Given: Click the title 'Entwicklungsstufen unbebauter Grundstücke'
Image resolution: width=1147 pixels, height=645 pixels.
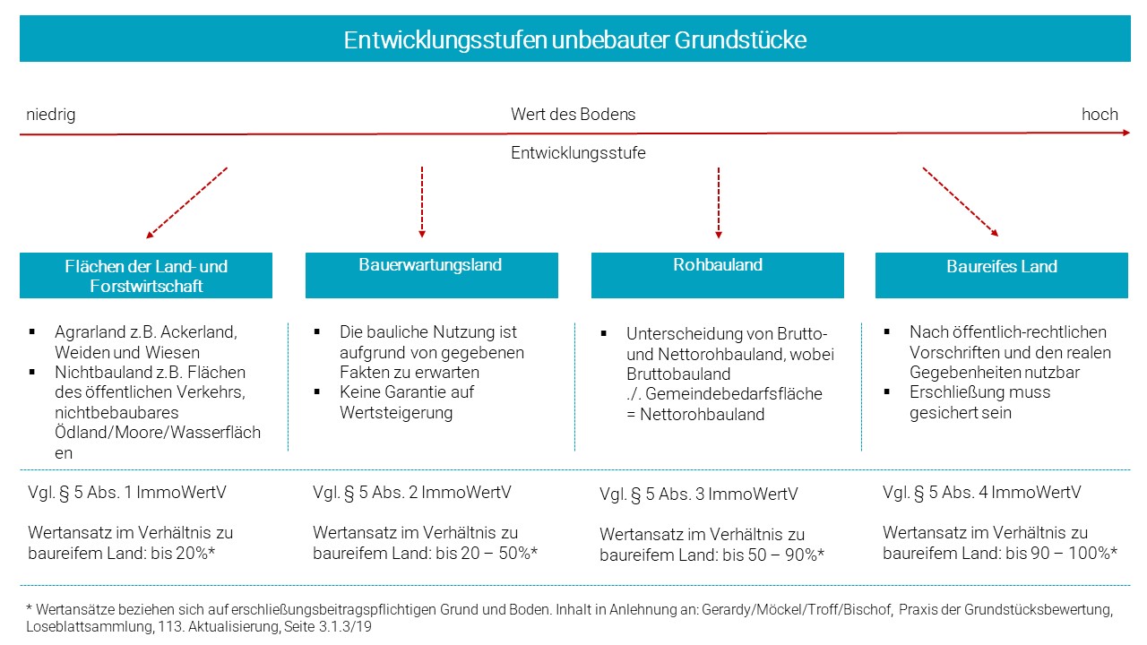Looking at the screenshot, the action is coord(574,40).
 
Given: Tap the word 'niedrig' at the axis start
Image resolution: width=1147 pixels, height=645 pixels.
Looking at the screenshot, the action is coord(51,114).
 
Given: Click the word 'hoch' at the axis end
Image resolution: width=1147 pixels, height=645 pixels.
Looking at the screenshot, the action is coord(1100,114).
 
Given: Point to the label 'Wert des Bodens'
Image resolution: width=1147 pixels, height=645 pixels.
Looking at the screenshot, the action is coord(573,114).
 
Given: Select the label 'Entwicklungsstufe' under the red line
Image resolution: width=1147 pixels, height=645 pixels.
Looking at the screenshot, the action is coord(578,152).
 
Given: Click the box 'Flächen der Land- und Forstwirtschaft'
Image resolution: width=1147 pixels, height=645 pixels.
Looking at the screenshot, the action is coord(146,275).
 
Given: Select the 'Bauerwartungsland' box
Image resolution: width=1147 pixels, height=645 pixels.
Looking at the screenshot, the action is coord(432,275).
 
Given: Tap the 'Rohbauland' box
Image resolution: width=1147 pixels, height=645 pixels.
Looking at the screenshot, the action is coord(718,275).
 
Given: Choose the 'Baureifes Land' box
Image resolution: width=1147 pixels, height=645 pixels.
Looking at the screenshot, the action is coord(1002,275).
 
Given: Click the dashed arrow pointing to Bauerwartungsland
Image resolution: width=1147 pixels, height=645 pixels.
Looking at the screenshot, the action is coord(422,202).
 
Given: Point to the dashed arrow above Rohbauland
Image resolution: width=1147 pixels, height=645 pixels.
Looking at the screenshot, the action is coord(719,202).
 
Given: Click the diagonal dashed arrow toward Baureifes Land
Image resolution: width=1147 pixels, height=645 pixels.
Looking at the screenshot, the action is coord(961,202).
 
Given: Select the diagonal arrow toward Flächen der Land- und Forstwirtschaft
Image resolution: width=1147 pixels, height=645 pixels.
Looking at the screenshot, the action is coord(186,202).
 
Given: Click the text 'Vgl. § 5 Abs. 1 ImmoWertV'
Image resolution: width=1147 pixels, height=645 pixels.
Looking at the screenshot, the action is coord(127,493).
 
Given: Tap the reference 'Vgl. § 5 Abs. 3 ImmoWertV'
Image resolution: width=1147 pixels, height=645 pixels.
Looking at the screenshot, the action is coord(698,494).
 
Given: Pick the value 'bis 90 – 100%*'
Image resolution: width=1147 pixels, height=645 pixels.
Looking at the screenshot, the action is coord(1062,554).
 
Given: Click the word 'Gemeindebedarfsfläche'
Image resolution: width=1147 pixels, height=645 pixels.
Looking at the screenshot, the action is coord(734,393).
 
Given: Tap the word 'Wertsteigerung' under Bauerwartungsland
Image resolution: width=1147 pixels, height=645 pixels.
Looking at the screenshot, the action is coord(396,413).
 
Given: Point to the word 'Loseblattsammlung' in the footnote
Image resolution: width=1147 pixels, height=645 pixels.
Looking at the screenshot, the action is coord(90,626).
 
